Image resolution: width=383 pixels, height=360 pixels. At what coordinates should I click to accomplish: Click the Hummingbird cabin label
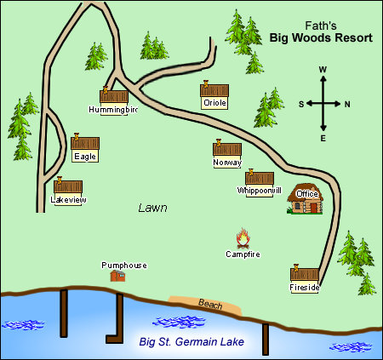coord(113,110)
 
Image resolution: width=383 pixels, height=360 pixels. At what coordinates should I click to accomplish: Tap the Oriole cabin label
coord(215,103)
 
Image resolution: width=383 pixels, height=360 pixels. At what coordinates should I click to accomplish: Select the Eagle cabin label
coord(85,156)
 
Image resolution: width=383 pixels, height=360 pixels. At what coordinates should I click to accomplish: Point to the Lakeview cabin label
coord(69,199)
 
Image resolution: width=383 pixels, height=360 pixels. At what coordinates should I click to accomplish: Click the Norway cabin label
coord(227,163)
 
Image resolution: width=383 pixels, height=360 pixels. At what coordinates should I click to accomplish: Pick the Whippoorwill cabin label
coord(260,191)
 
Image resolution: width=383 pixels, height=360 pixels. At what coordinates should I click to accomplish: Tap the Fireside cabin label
coord(305,288)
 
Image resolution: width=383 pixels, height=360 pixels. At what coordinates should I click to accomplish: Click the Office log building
coord(306,201)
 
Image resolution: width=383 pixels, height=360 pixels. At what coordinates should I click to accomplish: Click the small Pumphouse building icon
coord(118,276)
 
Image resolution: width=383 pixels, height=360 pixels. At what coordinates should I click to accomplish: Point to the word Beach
coord(209,304)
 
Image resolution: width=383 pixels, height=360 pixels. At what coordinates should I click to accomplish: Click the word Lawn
coord(152,208)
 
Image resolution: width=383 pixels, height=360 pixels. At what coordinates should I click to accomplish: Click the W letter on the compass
coord(323,70)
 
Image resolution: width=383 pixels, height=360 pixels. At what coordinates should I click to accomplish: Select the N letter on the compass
coord(347,104)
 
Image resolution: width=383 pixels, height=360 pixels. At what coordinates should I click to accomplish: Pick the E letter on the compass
coord(323,137)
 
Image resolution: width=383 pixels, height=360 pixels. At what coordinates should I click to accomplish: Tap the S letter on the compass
coord(300,104)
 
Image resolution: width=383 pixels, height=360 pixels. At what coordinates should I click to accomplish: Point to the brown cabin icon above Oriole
coord(215,89)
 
